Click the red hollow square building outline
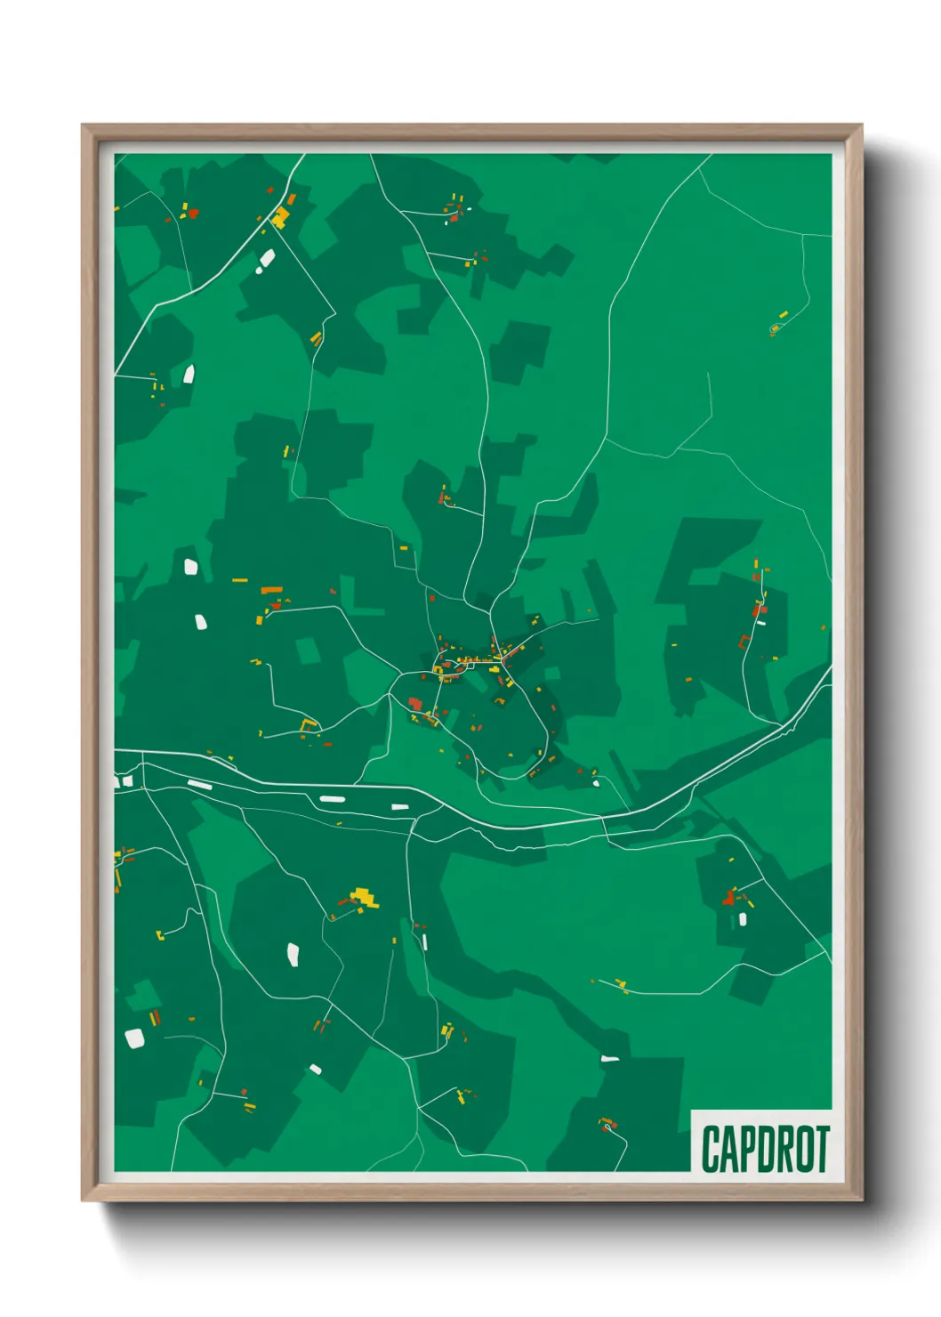click(x=744, y=641)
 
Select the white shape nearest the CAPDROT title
click(x=609, y=1059)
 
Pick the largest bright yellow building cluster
click(x=363, y=897)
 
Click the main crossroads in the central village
click(x=502, y=658)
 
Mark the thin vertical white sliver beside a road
click(x=424, y=941)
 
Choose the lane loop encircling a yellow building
click(x=775, y=329)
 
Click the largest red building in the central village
click(x=415, y=705)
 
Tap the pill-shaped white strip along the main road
click(x=332, y=798)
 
